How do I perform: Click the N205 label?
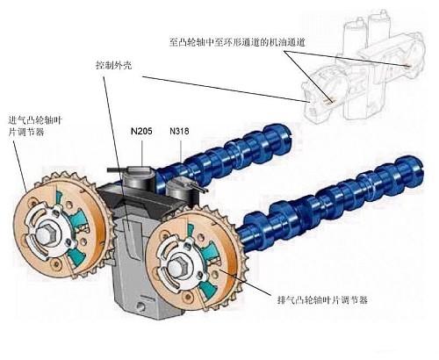(x=141, y=131)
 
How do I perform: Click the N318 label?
(x=179, y=131)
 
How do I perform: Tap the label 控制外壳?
(x=114, y=65)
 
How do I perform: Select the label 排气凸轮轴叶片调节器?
(x=322, y=300)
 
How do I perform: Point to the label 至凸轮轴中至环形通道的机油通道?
(x=237, y=42)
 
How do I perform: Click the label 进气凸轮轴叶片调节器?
(x=35, y=126)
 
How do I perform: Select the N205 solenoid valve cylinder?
(x=138, y=178)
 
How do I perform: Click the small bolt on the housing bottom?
(x=141, y=307)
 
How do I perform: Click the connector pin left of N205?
(x=115, y=169)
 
